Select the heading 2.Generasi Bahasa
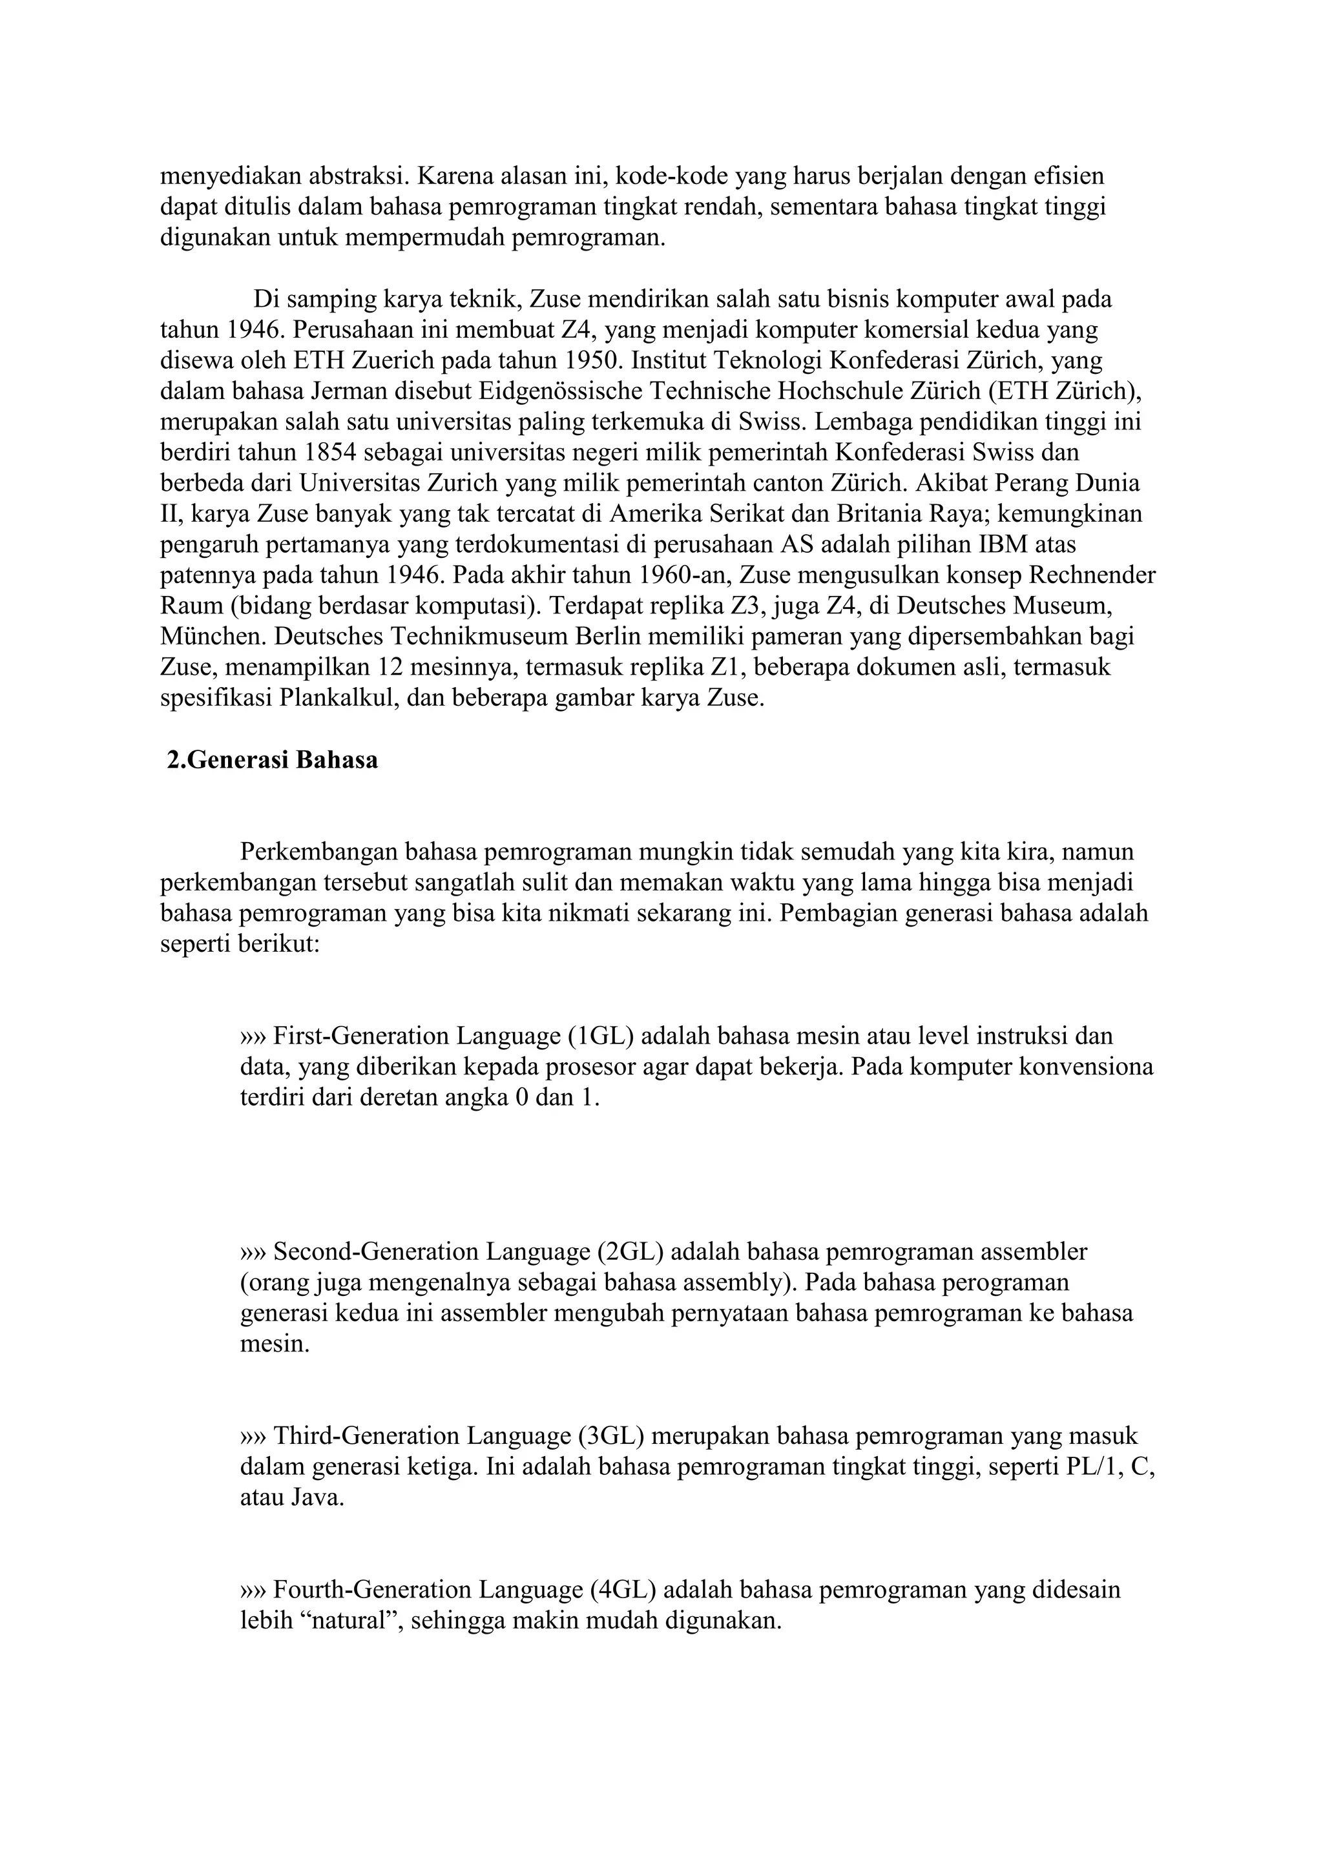[273, 760]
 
